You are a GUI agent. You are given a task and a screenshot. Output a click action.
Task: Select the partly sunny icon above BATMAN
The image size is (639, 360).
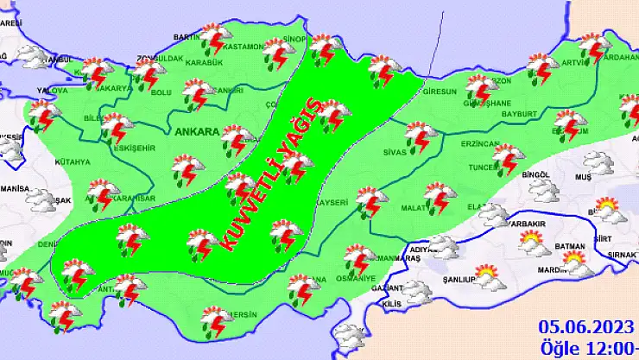(x=532, y=244)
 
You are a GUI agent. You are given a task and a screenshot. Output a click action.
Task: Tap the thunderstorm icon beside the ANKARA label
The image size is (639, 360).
(x=236, y=138)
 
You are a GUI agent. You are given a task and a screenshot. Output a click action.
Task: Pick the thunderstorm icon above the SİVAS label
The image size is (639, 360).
(x=421, y=136)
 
